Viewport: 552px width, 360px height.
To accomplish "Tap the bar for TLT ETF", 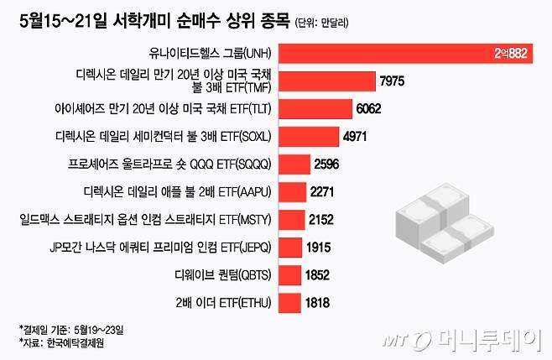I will click(315, 108).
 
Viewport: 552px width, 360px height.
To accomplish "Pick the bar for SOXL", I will click(307, 136).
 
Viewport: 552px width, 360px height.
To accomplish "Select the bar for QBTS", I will click(288, 274).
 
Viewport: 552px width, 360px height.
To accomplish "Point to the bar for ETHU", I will click(288, 302).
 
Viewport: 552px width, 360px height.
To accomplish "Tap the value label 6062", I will click(372, 108).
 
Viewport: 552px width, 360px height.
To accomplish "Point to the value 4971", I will click(357, 136).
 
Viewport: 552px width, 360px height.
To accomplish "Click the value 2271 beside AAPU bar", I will click(322, 191).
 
